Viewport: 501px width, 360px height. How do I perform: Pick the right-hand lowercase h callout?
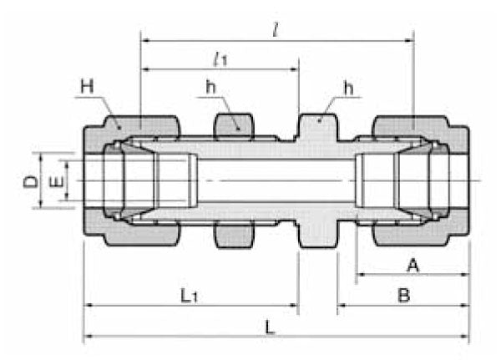[348, 87]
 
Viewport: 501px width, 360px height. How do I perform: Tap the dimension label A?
[411, 266]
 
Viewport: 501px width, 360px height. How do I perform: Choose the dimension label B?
[403, 297]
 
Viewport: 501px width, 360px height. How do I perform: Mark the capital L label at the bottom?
[269, 327]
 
